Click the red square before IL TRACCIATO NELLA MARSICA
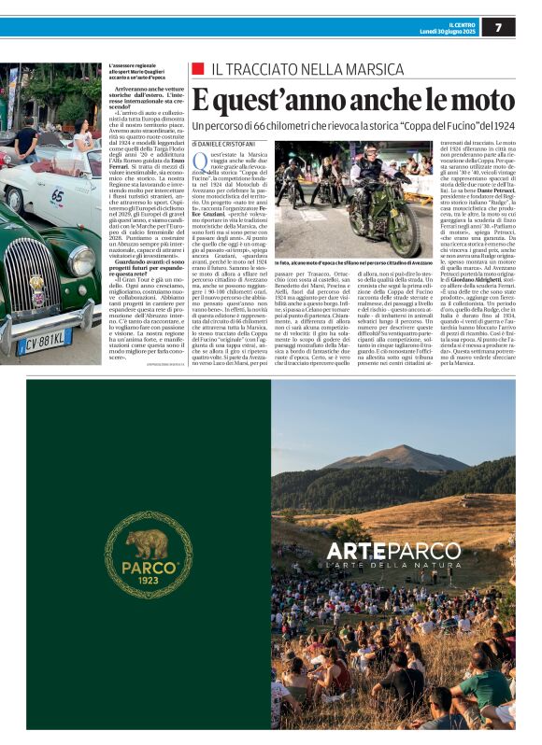point(196,69)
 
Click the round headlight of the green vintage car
point(80,260)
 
